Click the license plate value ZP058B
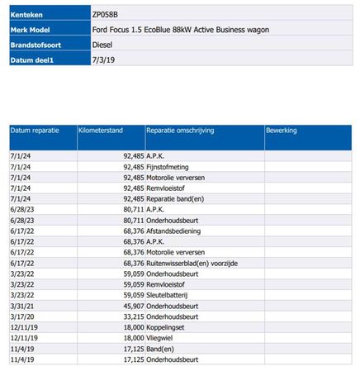105,15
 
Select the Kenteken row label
26,15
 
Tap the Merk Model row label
30,30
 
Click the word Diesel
102,45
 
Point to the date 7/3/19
103,60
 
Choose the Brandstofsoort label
36,45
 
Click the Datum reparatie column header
35,131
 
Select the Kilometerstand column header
101,131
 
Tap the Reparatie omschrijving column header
180,131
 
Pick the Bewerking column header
282,131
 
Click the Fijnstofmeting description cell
168,167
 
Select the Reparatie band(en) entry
175,199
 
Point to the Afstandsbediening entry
173,231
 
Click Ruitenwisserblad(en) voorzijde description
192,263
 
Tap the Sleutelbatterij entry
167,295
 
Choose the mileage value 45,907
134,306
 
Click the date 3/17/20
22,317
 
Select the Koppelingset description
165,327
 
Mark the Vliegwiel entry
159,338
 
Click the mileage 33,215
134,317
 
